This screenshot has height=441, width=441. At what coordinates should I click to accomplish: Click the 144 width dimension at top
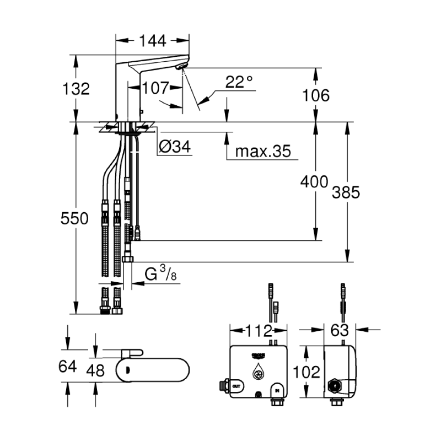(152, 40)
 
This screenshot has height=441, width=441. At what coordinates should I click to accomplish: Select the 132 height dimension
(76, 88)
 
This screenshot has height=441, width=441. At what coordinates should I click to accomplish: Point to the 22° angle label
(239, 82)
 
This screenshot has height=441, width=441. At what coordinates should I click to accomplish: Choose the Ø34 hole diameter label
(174, 147)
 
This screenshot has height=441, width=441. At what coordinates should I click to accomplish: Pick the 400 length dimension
(315, 182)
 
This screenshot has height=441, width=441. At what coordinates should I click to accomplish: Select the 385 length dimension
(347, 192)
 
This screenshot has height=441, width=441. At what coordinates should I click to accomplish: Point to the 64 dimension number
(68, 367)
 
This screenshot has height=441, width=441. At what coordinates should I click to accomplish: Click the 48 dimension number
(95, 371)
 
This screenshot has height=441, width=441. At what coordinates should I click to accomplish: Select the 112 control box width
(259, 331)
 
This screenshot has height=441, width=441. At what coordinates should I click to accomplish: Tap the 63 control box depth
(340, 331)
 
